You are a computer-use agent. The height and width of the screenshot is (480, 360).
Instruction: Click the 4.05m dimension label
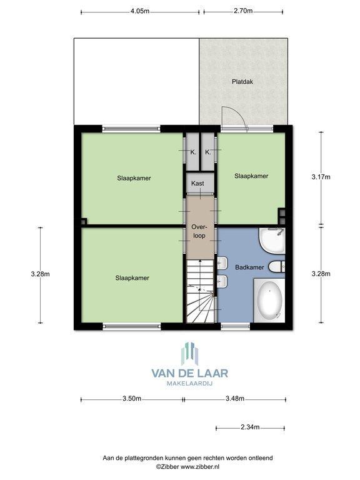140,11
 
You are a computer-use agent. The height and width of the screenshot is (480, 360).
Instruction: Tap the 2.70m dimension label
243,11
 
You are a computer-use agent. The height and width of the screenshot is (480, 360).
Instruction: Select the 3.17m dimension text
321,177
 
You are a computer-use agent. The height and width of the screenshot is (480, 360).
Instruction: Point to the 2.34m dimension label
250,427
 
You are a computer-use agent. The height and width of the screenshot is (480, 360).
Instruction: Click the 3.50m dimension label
132,398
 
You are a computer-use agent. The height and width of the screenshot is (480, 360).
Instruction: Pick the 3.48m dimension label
235,398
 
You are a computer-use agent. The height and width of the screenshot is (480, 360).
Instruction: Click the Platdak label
242,82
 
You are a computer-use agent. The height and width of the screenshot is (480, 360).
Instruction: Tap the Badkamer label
249,267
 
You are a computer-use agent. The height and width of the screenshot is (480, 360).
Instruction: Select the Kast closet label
197,183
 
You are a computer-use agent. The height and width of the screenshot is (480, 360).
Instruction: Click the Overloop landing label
199,231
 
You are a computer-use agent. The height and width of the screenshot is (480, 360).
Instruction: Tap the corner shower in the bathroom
272,241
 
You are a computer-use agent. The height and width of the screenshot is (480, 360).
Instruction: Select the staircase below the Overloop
200,291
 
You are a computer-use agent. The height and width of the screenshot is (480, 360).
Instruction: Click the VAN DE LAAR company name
190,373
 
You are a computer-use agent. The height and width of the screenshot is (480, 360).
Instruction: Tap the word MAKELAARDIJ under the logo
190,383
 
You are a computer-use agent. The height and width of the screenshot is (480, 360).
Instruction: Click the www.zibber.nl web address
200,467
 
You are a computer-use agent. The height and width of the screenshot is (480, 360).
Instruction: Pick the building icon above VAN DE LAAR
190,354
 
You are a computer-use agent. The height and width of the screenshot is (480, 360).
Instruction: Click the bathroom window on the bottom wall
236,326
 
